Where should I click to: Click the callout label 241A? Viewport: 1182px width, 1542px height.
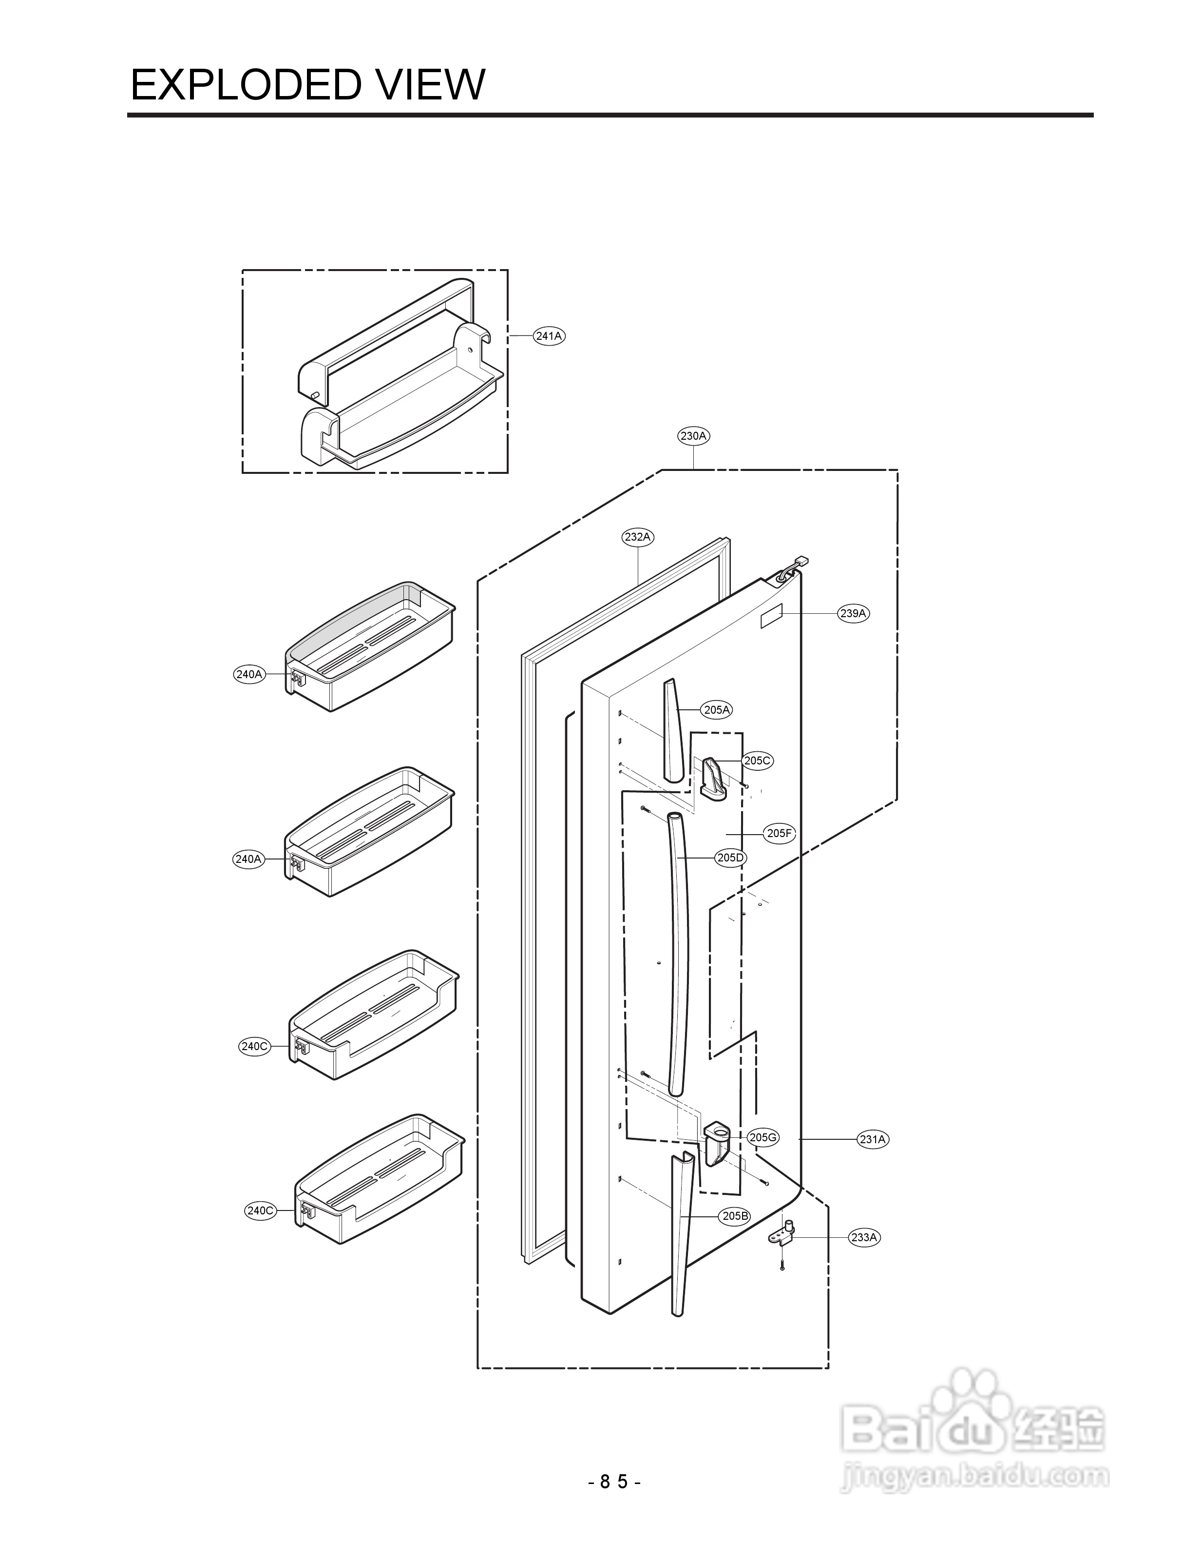(x=549, y=336)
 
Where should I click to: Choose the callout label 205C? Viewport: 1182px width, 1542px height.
(x=758, y=760)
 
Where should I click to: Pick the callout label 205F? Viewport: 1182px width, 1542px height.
(x=780, y=833)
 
